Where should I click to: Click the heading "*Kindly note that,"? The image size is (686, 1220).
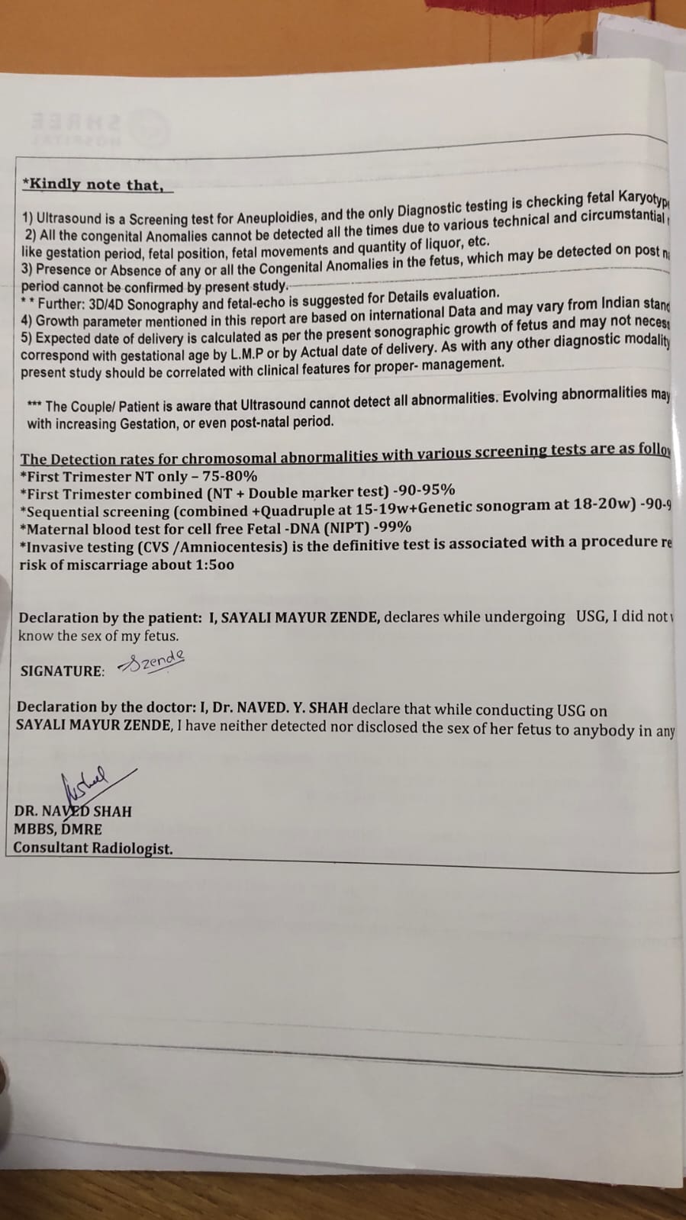click(x=93, y=185)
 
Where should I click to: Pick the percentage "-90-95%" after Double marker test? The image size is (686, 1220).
click(x=423, y=490)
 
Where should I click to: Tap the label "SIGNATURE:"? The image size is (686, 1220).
click(x=62, y=671)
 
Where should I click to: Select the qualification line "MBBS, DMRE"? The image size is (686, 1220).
click(x=58, y=829)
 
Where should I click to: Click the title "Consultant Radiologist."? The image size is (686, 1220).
click(x=93, y=848)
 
